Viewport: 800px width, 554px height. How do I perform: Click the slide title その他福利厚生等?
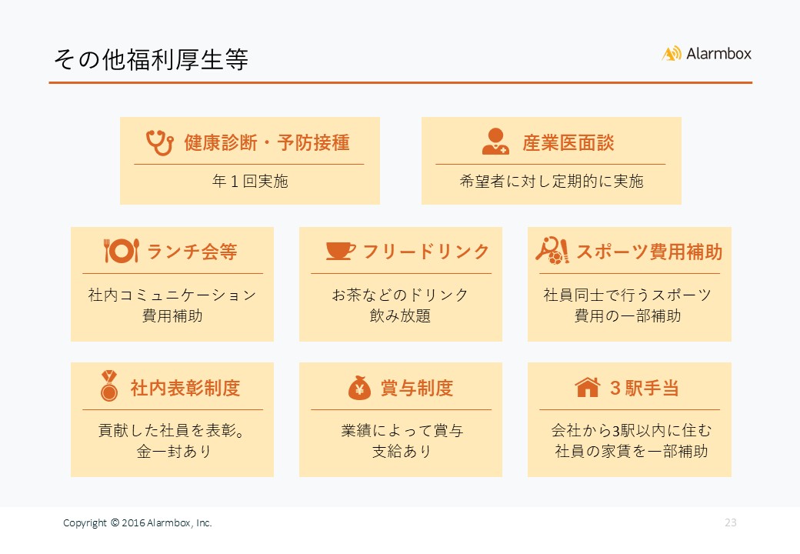[x=151, y=59]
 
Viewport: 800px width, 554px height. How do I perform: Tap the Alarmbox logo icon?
[x=672, y=54]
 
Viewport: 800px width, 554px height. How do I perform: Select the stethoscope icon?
[x=159, y=142]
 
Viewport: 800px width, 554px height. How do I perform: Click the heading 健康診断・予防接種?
[x=267, y=143]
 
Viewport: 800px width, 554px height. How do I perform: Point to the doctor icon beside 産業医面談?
[x=495, y=142]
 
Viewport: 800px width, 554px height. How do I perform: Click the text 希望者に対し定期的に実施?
[x=552, y=181]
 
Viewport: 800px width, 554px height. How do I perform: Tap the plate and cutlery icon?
[x=121, y=251]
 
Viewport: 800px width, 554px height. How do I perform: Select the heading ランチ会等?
[x=192, y=252]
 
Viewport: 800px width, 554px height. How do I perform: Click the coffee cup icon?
[x=340, y=251]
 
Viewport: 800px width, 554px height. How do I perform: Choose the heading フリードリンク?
[x=426, y=252]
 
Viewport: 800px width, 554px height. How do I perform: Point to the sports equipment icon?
[x=552, y=251]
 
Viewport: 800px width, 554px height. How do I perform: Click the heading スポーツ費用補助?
[x=649, y=252]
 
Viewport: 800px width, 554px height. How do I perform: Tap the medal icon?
[x=108, y=385]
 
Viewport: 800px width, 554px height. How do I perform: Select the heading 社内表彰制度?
[x=185, y=389]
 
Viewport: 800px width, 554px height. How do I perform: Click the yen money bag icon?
[x=359, y=388]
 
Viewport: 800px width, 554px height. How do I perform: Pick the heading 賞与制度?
[x=417, y=389]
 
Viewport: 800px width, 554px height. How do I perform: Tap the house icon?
[x=587, y=387]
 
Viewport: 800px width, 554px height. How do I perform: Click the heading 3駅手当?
[x=645, y=389]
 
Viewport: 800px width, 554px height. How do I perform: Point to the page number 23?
[x=731, y=522]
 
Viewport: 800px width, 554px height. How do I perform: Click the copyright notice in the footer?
[x=137, y=523]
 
